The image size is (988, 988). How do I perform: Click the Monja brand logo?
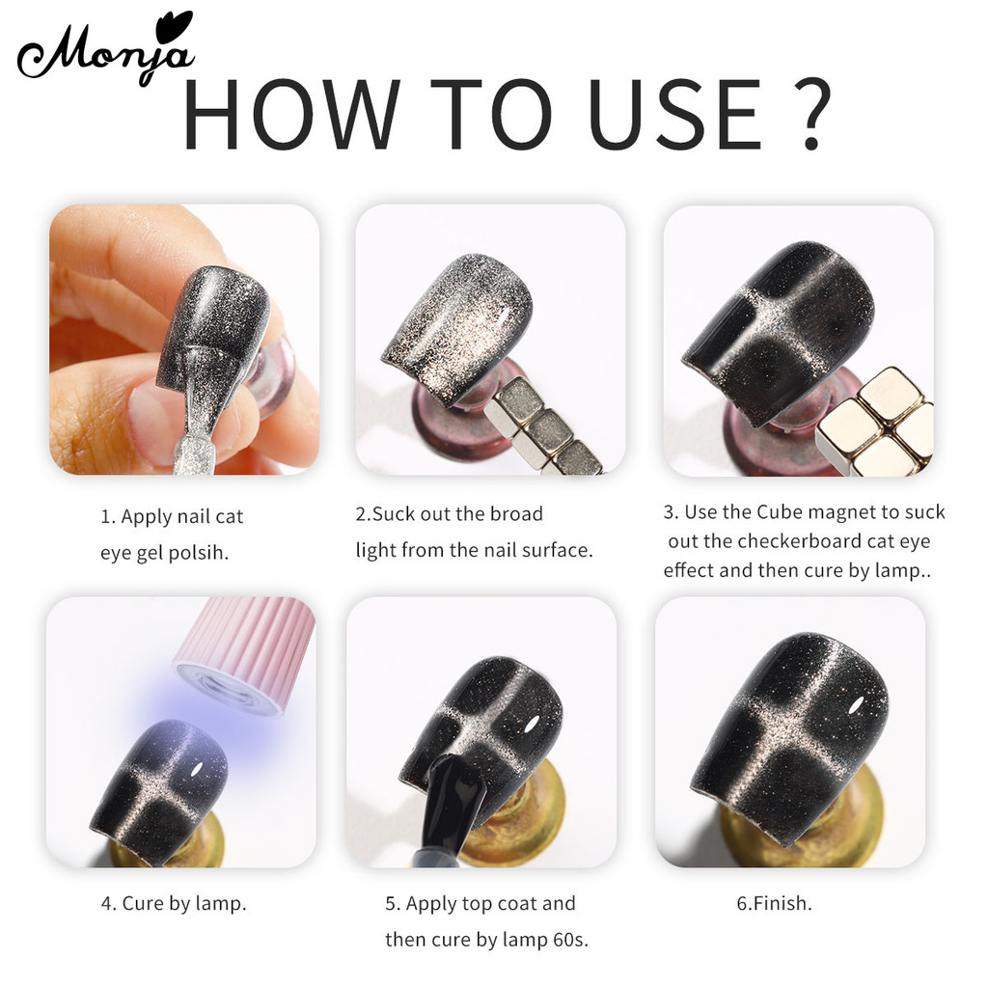coord(105,50)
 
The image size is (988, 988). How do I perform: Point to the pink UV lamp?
coord(246,654)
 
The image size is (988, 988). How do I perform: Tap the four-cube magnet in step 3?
coord(876,424)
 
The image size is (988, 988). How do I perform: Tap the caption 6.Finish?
coord(775,903)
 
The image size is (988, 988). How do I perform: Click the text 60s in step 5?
coord(569,940)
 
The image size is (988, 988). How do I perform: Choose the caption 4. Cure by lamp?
coord(174,903)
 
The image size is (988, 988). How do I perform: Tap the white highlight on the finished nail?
coord(856,705)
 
